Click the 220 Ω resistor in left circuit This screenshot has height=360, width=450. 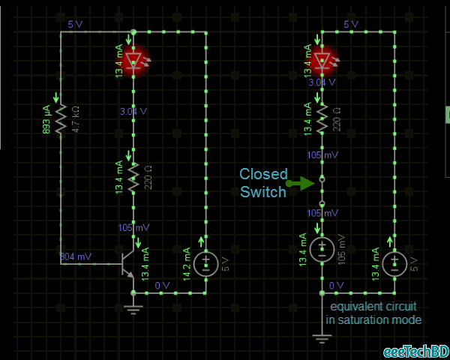click(133, 176)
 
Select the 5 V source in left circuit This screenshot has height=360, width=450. click(204, 264)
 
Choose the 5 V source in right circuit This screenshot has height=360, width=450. click(392, 264)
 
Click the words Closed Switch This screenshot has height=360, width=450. click(263, 183)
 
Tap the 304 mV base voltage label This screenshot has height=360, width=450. click(76, 256)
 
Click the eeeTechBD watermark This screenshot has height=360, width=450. click(415, 352)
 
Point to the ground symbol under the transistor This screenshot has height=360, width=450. click(133, 308)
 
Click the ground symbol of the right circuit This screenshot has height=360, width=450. click(322, 339)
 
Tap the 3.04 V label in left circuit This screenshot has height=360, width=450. click(133, 111)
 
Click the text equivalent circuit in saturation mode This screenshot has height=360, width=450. click(373, 313)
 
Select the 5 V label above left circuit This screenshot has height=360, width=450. click(75, 25)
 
